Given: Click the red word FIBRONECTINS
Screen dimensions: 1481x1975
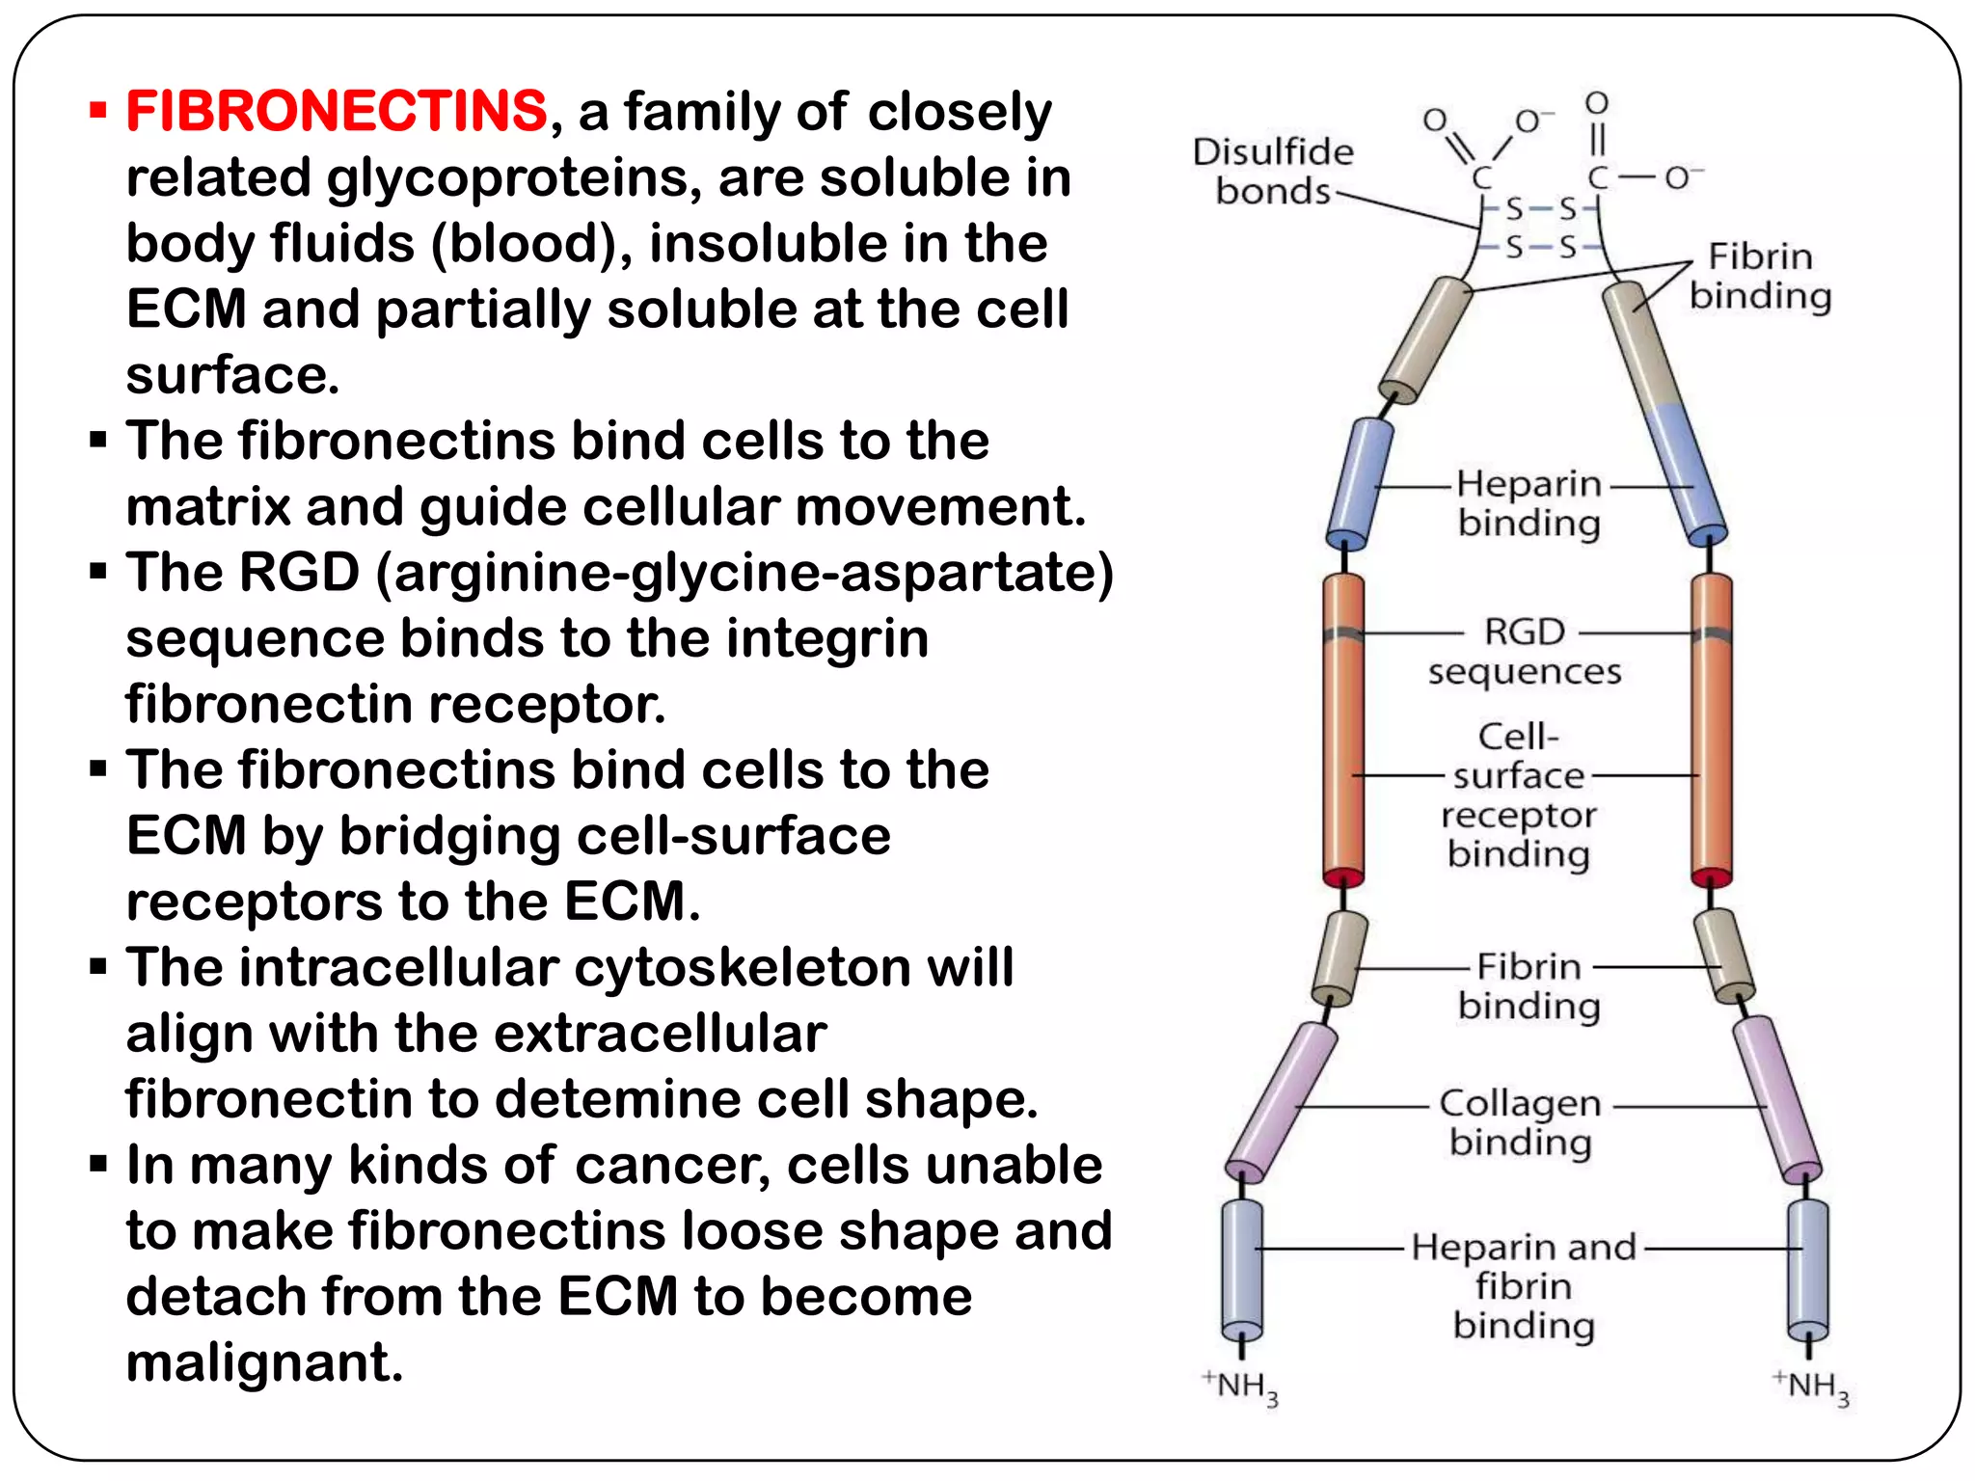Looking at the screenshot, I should (337, 111).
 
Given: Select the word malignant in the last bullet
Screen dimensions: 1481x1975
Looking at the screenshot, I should (264, 1362).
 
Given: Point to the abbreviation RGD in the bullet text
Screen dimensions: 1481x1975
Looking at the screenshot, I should (299, 573).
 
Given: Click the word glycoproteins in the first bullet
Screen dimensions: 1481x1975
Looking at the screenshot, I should (515, 177).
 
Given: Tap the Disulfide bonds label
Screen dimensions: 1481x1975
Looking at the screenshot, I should (1273, 172).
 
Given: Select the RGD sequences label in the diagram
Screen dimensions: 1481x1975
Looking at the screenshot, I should (1524, 651).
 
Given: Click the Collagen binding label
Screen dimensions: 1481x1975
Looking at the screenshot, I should (1520, 1122).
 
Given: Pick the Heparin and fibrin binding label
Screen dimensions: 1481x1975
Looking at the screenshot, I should (1524, 1285).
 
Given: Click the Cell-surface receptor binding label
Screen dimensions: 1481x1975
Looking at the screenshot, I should (1519, 795).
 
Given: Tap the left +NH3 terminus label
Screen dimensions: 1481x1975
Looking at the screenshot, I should (1241, 1387).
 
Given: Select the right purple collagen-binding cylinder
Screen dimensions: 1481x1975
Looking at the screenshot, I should (1775, 1098).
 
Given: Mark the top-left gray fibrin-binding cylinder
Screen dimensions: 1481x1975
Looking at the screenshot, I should (1425, 339).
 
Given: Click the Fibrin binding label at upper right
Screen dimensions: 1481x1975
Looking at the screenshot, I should (1760, 276).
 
